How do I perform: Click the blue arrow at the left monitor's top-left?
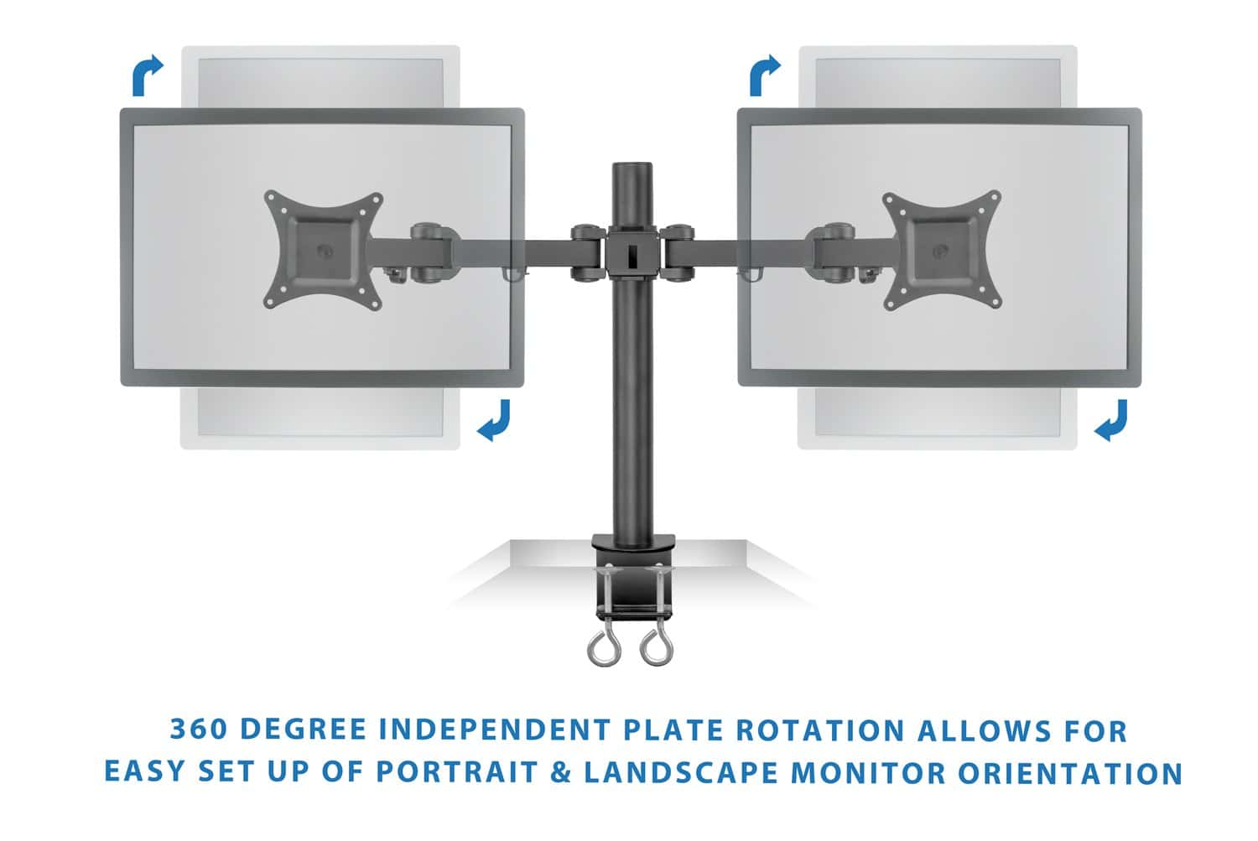pyautogui.click(x=147, y=75)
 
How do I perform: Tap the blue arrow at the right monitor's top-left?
pyautogui.click(x=764, y=75)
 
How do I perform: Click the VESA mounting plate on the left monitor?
pyautogui.click(x=324, y=250)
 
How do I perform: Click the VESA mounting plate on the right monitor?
pyautogui.click(x=941, y=250)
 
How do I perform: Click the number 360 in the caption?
pyautogui.click(x=197, y=730)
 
